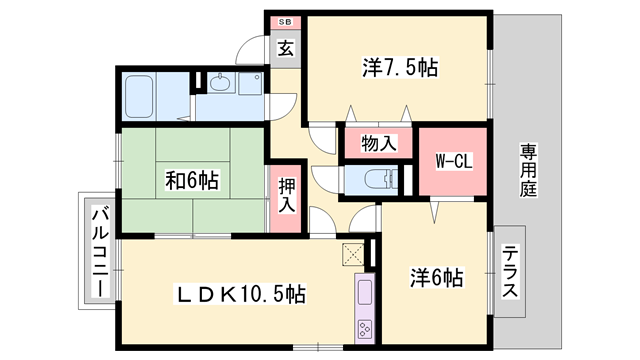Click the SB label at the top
[285, 21]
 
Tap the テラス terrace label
[510, 273]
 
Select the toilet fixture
[375, 179]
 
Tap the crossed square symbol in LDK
[353, 253]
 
